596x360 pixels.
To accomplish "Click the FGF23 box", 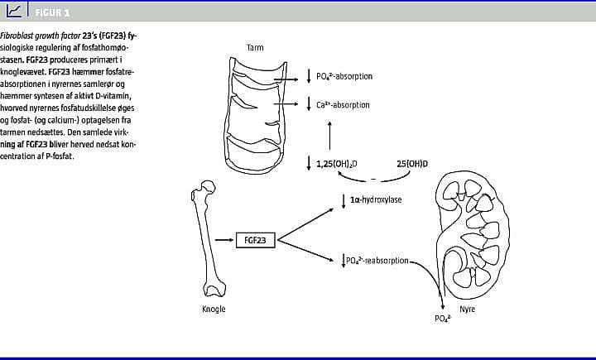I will pyautogui.click(x=256, y=240).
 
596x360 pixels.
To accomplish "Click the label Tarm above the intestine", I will pyautogui.click(x=255, y=47).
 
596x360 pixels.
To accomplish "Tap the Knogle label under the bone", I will pyautogui.click(x=214, y=309).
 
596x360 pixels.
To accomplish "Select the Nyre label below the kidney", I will pyautogui.click(x=468, y=309).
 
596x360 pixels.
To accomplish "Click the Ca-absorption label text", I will pyautogui.click(x=343, y=106).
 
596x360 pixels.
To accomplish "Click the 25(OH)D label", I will pyautogui.click(x=412, y=164).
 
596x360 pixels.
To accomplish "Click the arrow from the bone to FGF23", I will pyautogui.click(x=223, y=240).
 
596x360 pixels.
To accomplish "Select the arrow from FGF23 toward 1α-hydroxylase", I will pyautogui.click(x=305, y=220).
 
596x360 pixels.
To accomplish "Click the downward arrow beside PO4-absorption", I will pyautogui.click(x=308, y=77).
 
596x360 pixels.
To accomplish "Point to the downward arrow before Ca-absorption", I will pyautogui.click(x=308, y=106).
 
